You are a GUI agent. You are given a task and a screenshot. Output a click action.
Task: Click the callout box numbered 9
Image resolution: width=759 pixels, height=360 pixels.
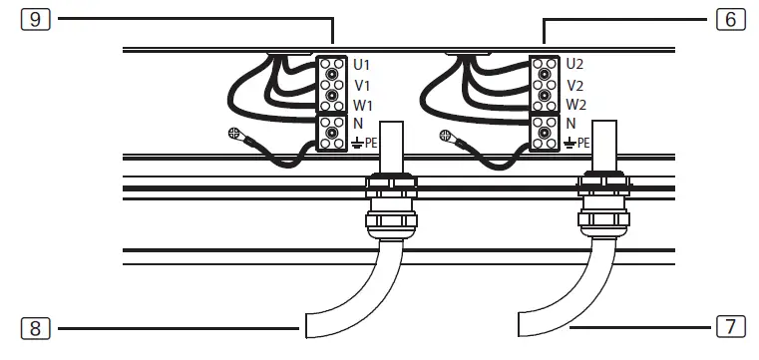click(x=35, y=18)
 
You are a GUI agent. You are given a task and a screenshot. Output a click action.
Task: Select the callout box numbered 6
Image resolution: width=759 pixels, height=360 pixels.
click(x=730, y=18)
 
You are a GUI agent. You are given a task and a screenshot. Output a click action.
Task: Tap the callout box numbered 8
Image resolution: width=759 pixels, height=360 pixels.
click(x=35, y=325)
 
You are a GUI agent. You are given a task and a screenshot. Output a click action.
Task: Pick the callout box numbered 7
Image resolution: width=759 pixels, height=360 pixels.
click(x=730, y=325)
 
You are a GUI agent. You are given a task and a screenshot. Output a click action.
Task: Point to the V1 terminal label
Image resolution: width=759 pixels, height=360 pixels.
click(x=362, y=85)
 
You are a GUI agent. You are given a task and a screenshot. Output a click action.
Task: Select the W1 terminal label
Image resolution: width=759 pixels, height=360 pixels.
click(x=363, y=104)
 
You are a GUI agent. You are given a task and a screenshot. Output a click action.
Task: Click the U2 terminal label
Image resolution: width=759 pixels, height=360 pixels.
click(x=574, y=63)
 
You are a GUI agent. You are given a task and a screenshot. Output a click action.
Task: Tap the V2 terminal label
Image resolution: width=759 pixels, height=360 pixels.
click(x=574, y=85)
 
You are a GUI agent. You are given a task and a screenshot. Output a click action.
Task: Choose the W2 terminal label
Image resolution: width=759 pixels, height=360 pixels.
click(x=575, y=104)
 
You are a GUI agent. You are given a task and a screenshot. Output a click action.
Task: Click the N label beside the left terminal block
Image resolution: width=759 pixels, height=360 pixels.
click(x=357, y=123)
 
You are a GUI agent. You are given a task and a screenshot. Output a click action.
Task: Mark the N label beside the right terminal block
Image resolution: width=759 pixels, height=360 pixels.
click(x=570, y=123)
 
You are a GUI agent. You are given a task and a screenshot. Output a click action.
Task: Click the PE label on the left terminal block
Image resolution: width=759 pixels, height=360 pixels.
click(x=371, y=143)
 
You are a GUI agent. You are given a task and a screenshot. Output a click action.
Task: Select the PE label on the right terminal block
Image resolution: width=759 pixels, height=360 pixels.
click(x=584, y=143)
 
